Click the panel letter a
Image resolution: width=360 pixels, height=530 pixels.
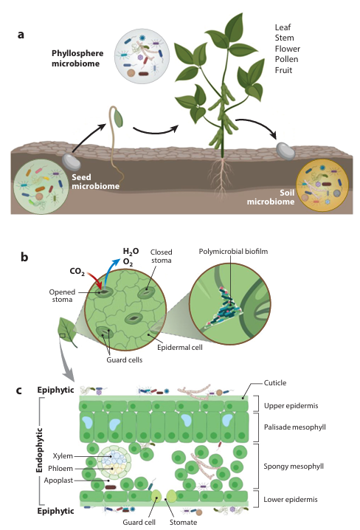(21, 35)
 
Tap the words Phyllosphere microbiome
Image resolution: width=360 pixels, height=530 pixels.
(77, 58)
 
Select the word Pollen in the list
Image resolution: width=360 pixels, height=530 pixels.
(286, 59)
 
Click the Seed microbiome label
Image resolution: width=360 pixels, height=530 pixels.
(96, 182)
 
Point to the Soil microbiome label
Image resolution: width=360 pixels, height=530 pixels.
(271, 197)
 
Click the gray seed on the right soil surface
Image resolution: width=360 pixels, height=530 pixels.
(285, 151)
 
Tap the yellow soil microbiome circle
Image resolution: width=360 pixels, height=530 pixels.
(322, 185)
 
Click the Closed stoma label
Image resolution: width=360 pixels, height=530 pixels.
(161, 256)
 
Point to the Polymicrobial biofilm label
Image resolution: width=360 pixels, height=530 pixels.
(233, 252)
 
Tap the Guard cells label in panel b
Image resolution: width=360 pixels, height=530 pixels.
(124, 360)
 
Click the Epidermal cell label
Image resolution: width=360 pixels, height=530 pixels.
(180, 347)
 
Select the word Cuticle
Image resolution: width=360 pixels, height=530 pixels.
(275, 382)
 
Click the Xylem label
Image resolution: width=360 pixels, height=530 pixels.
(63, 456)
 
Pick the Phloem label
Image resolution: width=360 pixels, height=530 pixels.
(60, 469)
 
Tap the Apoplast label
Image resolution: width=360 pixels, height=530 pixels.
(58, 481)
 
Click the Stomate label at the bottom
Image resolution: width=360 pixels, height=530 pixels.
(183, 522)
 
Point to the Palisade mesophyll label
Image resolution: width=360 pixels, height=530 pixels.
(295, 427)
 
